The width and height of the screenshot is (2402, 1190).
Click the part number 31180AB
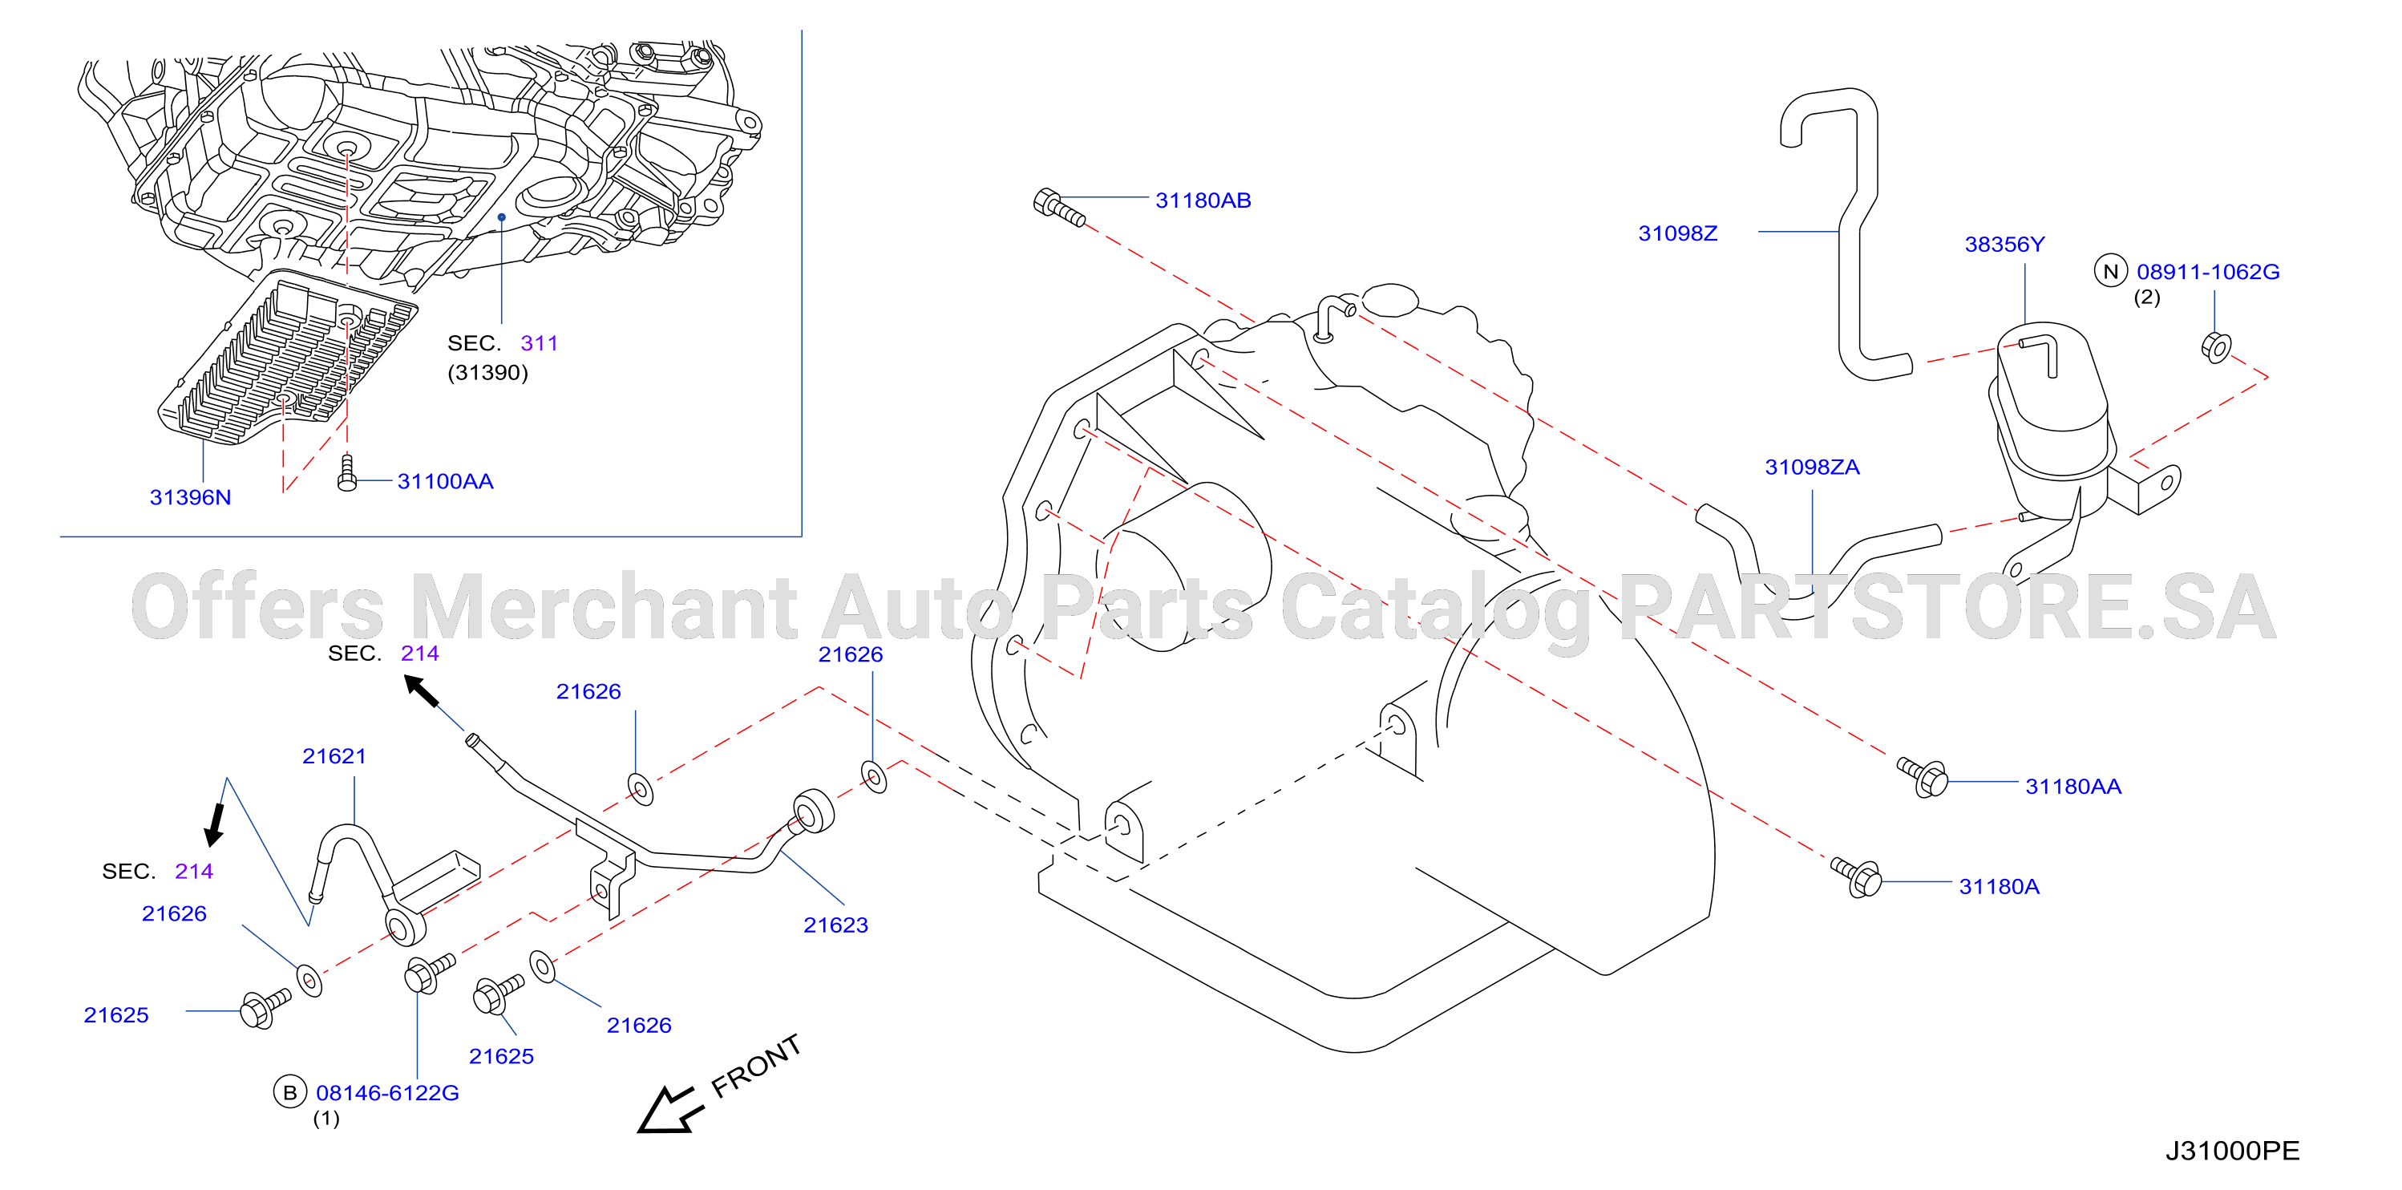click(1203, 200)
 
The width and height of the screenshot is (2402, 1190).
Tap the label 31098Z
click(1677, 233)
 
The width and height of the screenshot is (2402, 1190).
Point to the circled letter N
click(2111, 271)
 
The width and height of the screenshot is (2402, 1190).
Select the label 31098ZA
click(1812, 467)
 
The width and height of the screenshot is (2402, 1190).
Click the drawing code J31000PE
click(2232, 1151)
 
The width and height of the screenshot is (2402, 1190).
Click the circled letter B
click(290, 1092)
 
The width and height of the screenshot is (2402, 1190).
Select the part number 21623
click(835, 925)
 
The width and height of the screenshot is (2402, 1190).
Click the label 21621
click(334, 756)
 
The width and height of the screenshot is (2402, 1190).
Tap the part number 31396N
click(190, 497)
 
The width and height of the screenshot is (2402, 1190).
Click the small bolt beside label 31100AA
click(347, 473)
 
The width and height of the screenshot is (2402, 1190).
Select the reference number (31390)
click(487, 372)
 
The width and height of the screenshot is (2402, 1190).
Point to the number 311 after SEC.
click(539, 343)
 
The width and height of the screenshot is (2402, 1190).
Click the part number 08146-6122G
click(388, 1093)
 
